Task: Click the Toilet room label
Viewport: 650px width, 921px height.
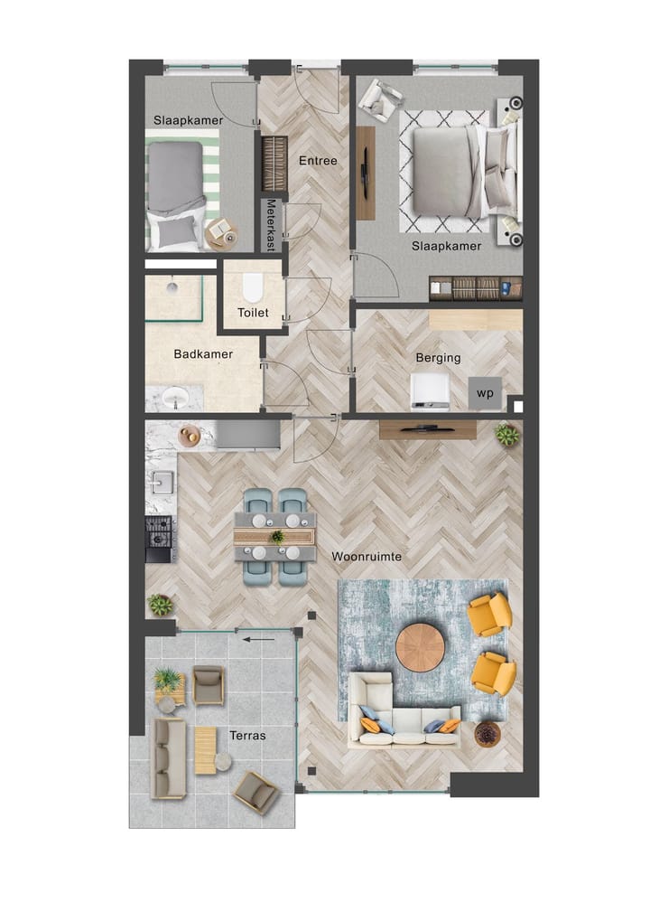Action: pos(253,313)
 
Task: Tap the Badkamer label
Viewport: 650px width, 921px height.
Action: pos(203,354)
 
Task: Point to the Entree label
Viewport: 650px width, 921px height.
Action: pos(318,161)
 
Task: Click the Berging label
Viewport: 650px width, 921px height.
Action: pos(438,358)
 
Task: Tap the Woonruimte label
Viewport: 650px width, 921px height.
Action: pos(367,557)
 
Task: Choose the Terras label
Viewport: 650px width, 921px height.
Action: pos(247,736)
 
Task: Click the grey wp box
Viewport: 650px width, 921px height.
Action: pos(485,393)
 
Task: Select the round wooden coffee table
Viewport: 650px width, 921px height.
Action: pos(420,647)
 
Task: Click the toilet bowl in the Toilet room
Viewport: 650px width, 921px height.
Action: pos(252,287)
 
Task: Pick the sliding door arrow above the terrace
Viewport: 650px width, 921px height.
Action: pos(261,640)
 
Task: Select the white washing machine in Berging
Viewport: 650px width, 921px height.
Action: pos(430,390)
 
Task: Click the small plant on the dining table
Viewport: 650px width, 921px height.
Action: pos(276,536)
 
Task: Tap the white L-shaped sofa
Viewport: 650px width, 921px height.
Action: pos(402,714)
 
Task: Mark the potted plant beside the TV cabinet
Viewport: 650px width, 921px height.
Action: pos(507,436)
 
